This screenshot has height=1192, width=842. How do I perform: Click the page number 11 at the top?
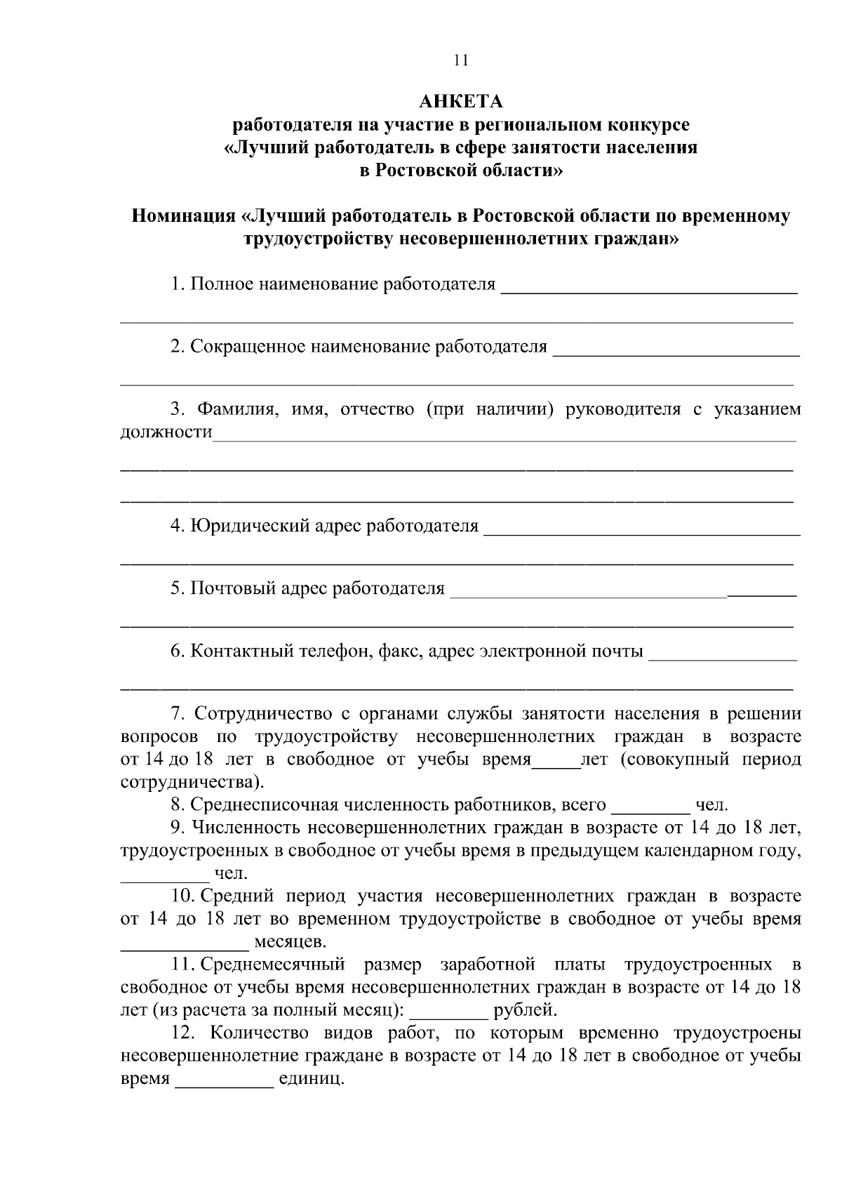(460, 60)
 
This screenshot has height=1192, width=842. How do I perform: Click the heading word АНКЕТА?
(460, 102)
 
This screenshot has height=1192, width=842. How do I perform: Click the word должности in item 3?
(166, 432)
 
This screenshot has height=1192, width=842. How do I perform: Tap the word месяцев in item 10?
(290, 941)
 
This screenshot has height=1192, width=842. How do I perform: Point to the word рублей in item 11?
(525, 1011)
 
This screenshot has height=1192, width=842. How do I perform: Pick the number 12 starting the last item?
(180, 1034)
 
